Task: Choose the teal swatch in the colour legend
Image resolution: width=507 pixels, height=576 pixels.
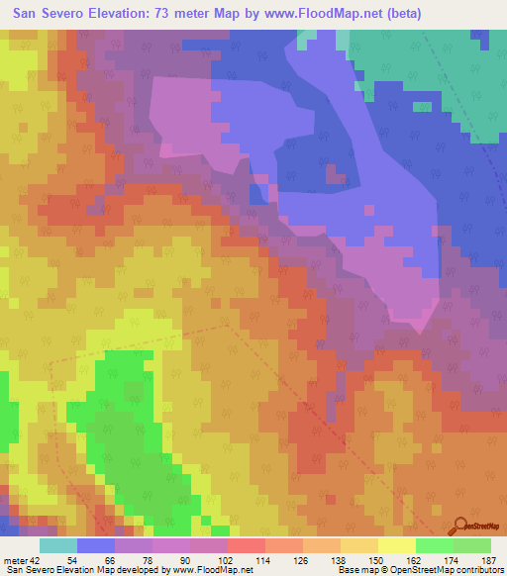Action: pos(58,545)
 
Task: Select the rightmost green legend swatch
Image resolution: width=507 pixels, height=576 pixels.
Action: pos(472,545)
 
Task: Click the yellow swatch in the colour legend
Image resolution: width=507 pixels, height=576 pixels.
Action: pos(397,545)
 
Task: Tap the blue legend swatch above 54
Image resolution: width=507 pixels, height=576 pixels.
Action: pos(96,545)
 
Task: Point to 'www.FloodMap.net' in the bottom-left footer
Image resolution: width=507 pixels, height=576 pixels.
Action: pos(212,570)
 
